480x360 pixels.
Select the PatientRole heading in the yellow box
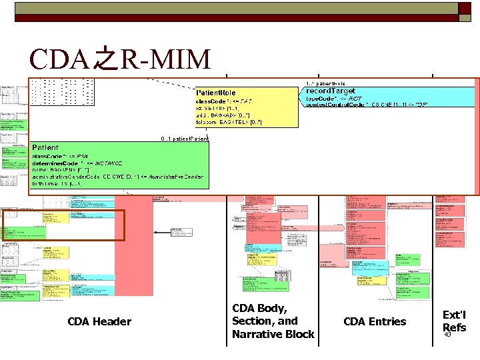(x=215, y=92)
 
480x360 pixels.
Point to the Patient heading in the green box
(x=45, y=147)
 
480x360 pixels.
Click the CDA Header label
(x=99, y=322)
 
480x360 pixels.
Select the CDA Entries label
(x=374, y=322)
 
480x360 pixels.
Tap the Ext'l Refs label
(x=454, y=321)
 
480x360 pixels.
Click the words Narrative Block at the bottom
(x=273, y=334)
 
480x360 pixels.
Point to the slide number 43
(x=447, y=335)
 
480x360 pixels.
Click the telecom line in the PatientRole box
(x=223, y=123)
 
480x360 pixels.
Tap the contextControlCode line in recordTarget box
(x=366, y=105)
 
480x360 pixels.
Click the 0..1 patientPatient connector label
(x=185, y=139)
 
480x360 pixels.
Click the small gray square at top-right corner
(x=464, y=8)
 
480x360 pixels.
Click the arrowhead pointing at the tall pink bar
(x=156, y=232)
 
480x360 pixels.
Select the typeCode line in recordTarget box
(x=333, y=98)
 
